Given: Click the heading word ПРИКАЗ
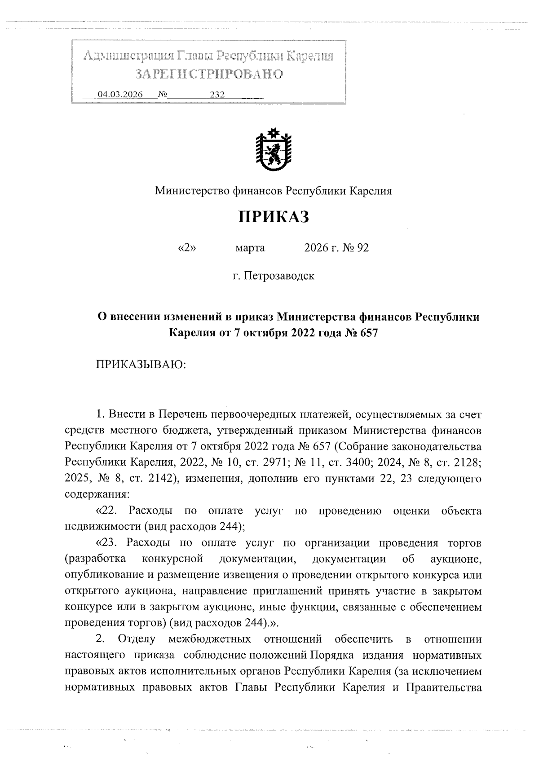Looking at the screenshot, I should coord(273,217).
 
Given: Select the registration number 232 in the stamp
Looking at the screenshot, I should coord(217,95).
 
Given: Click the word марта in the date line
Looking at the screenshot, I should coord(250,248).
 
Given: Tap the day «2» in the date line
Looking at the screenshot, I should coord(188,248).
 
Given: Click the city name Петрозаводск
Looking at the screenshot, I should coord(279,276).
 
